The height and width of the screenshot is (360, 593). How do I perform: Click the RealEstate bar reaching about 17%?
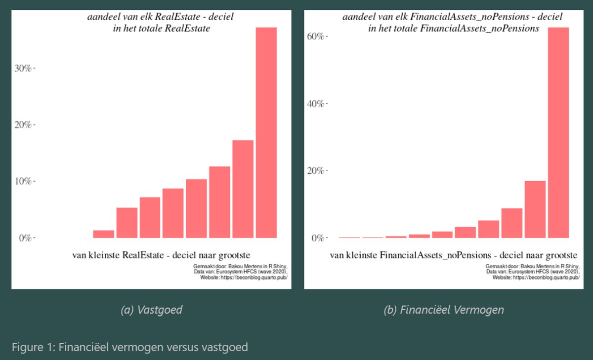pyautogui.click(x=243, y=189)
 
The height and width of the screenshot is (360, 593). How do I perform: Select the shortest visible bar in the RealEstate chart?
pyautogui.click(x=104, y=234)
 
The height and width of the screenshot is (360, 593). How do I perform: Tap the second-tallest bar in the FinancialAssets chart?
pyautogui.click(x=535, y=209)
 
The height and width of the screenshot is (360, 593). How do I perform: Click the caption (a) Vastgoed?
pyautogui.click(x=152, y=310)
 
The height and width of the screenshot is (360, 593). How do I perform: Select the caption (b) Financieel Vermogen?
pyautogui.click(x=443, y=310)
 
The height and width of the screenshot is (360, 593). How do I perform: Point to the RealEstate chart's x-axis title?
pyautogui.click(x=161, y=255)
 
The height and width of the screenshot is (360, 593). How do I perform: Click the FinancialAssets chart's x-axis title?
pyautogui.click(x=453, y=255)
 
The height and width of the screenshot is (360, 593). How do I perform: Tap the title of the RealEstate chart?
pyautogui.click(x=161, y=23)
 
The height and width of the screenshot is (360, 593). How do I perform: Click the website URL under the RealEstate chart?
pyautogui.click(x=244, y=278)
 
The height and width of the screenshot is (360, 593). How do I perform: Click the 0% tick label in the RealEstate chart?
pyautogui.click(x=25, y=238)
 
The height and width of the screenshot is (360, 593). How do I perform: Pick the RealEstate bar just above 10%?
pyautogui.click(x=196, y=208)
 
